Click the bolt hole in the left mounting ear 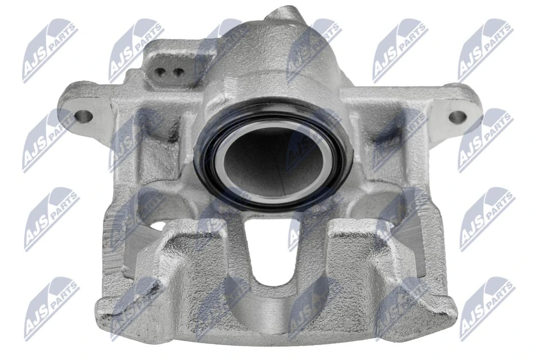[83, 116]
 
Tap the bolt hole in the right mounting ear [458, 117]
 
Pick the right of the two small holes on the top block [178, 72]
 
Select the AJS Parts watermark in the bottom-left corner [51, 308]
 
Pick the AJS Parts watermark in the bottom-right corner [487, 308]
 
